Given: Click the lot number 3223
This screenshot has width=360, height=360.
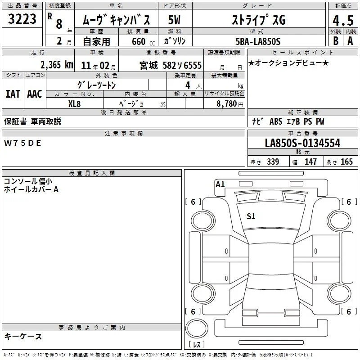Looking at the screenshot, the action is tap(22, 19).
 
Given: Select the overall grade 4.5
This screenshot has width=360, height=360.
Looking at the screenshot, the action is tap(343, 20).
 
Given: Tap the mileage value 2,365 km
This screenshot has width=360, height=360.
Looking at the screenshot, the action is tap(57, 65).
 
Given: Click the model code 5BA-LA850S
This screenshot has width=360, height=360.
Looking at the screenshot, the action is tap(258, 41).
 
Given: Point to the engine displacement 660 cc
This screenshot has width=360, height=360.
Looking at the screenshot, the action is tap(143, 41).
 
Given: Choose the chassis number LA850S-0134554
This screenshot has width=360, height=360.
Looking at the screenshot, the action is tap(302, 143).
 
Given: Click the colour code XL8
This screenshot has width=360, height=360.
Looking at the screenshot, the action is tap(74, 104).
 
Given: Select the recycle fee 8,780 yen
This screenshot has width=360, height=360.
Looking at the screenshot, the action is tap(230, 103).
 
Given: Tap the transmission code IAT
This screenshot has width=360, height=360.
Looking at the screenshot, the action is tap(13, 94).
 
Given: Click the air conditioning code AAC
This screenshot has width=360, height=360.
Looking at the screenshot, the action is tap(35, 94).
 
